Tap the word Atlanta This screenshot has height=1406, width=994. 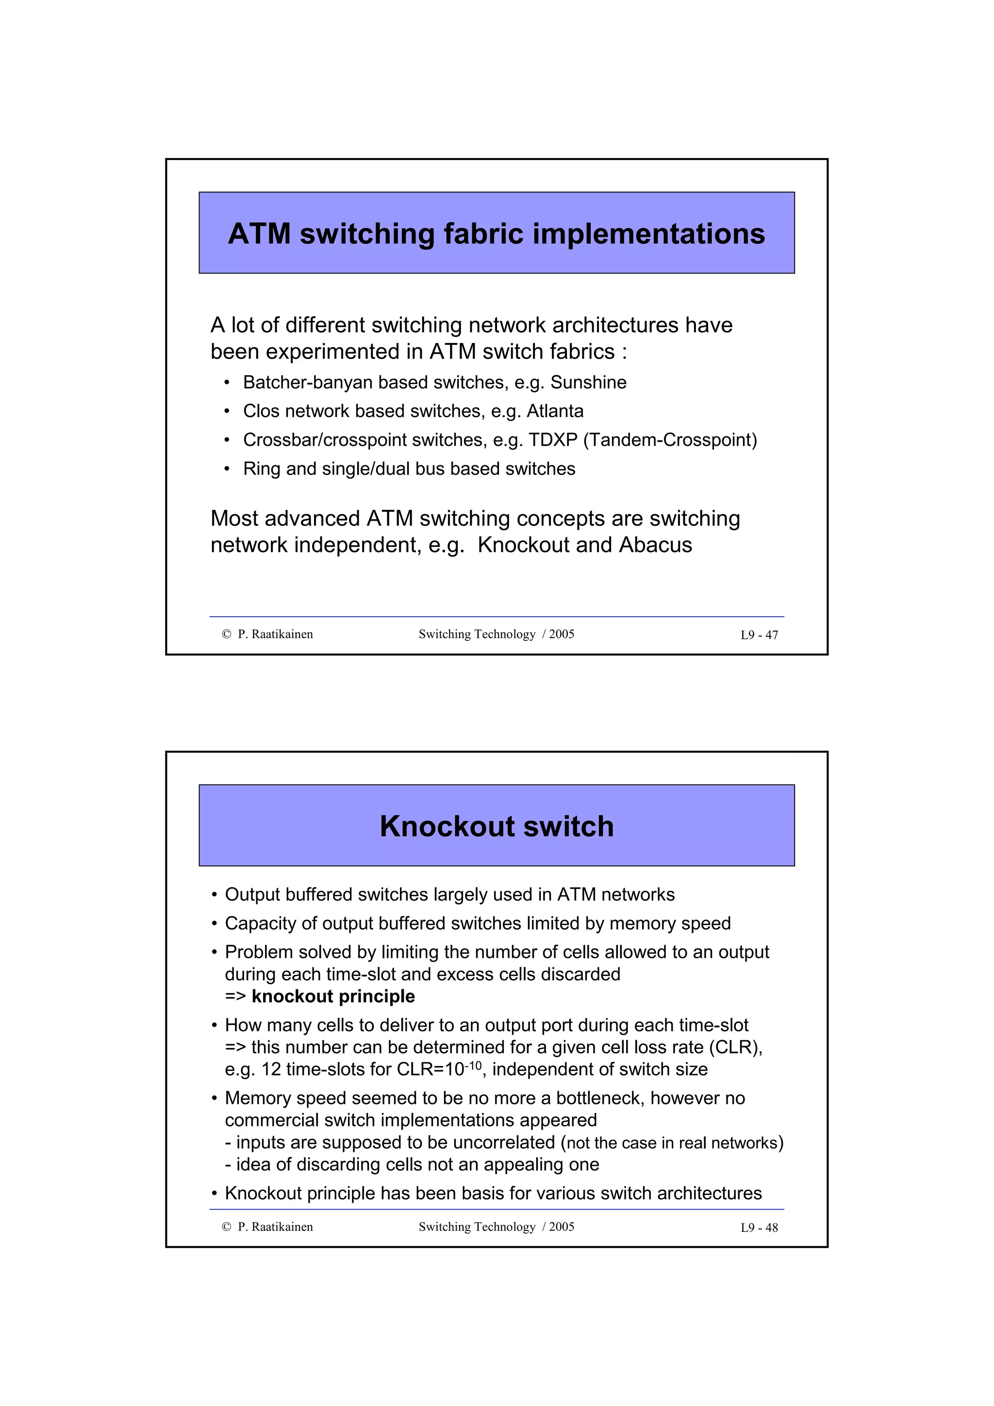[x=555, y=411]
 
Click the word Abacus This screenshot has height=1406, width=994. [x=655, y=544]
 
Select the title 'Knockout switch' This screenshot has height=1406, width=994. [x=497, y=826]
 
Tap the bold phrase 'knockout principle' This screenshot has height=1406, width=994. [x=333, y=997]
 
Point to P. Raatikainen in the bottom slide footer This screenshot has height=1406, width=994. [x=275, y=1227]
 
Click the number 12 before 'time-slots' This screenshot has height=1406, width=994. [x=271, y=1069]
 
